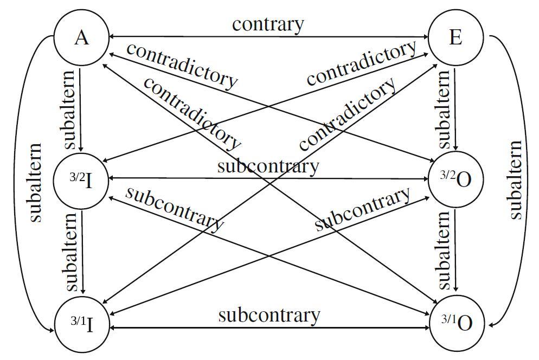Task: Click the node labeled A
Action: click(x=81, y=38)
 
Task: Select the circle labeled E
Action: click(x=455, y=38)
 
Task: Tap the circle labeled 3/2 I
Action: click(x=81, y=181)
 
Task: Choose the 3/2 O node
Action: click(x=455, y=181)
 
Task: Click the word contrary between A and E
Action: click(x=268, y=24)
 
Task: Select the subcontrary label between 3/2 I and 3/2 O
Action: click(x=268, y=166)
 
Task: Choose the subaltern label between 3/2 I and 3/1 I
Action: click(x=70, y=252)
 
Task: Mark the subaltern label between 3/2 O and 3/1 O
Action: click(x=444, y=250)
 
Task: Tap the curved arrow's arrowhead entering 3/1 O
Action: click(x=491, y=325)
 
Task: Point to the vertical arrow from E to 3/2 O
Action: click(x=455, y=108)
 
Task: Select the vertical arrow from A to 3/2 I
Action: click(x=80, y=108)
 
